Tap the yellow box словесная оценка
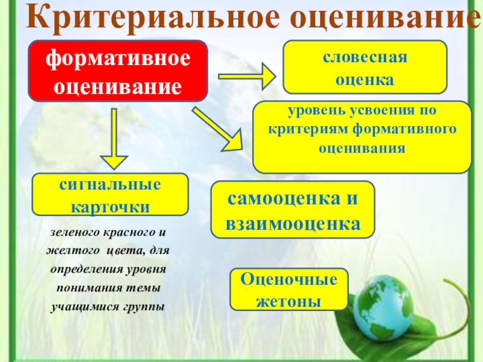coord(365,67)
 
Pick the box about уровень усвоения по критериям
coord(362,136)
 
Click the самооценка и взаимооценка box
coord(293,209)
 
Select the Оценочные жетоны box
coord(289,290)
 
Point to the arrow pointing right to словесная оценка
coord(247,77)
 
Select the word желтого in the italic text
coord(69,250)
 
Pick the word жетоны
coord(289,300)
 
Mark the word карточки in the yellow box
coord(110,205)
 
